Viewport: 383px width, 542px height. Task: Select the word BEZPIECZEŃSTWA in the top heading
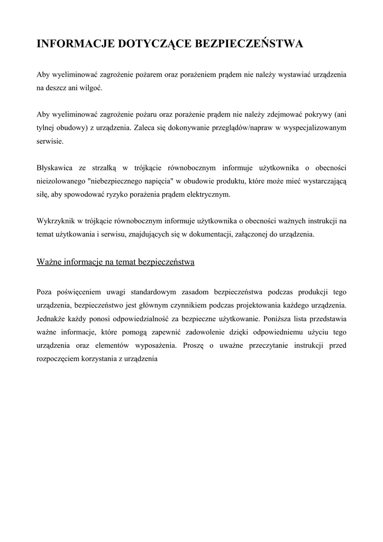[x=247, y=44]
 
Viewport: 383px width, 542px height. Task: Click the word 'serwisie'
[x=50, y=141]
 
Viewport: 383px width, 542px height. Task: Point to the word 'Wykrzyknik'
[x=56, y=221]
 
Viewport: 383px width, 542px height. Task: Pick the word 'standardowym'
[x=158, y=292]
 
